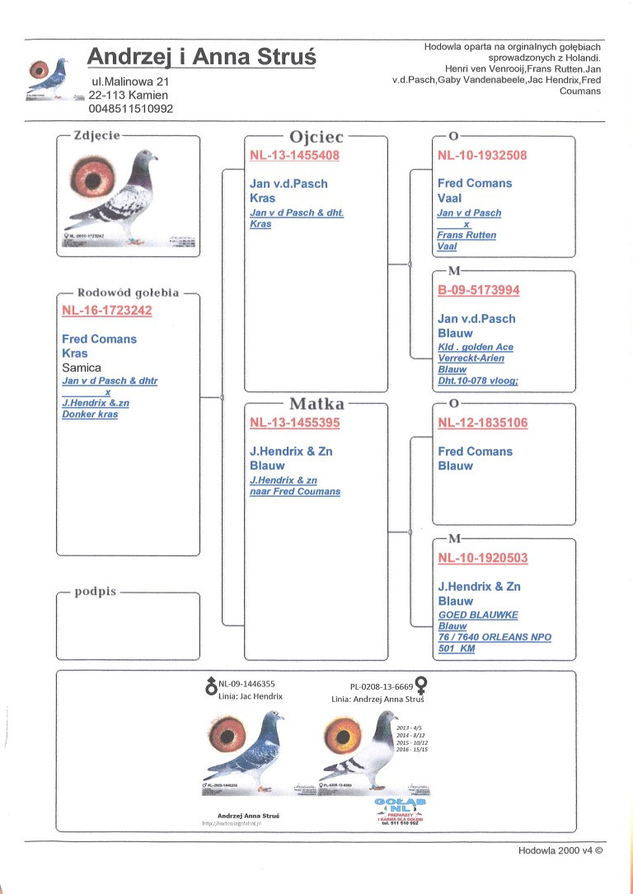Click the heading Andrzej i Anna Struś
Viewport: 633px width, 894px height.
[x=201, y=57]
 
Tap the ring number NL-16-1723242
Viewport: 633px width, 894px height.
[x=107, y=311]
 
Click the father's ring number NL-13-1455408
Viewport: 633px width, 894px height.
[x=294, y=155]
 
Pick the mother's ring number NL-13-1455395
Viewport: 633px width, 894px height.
[x=294, y=423]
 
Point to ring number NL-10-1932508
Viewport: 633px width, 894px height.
[x=482, y=155]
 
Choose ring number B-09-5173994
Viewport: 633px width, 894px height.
[x=478, y=290]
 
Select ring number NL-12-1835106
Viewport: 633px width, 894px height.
[x=482, y=423]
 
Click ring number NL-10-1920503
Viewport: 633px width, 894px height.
[x=482, y=558]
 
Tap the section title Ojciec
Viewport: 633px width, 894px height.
[x=316, y=137]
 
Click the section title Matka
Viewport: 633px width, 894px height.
[x=316, y=404]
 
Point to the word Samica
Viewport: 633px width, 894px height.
[x=82, y=367]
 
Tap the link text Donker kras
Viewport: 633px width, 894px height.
[x=90, y=414]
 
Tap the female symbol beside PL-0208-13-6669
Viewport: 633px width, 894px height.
[x=421, y=685]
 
